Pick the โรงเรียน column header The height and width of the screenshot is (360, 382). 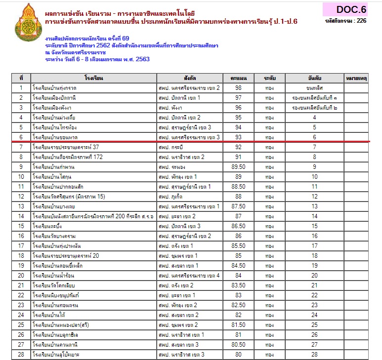[x=93, y=78]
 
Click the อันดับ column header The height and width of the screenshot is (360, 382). [x=314, y=78]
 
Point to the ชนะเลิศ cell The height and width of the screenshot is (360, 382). [x=314, y=88]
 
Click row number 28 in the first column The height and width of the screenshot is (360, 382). [x=21, y=355]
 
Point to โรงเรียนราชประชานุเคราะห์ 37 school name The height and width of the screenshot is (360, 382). [x=66, y=147]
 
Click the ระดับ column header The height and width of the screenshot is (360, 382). [x=269, y=78]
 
